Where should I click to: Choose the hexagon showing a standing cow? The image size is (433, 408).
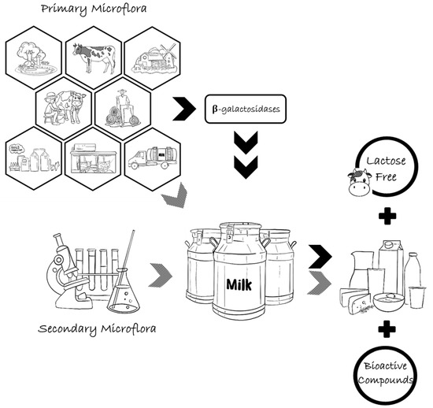[x=93, y=57]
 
